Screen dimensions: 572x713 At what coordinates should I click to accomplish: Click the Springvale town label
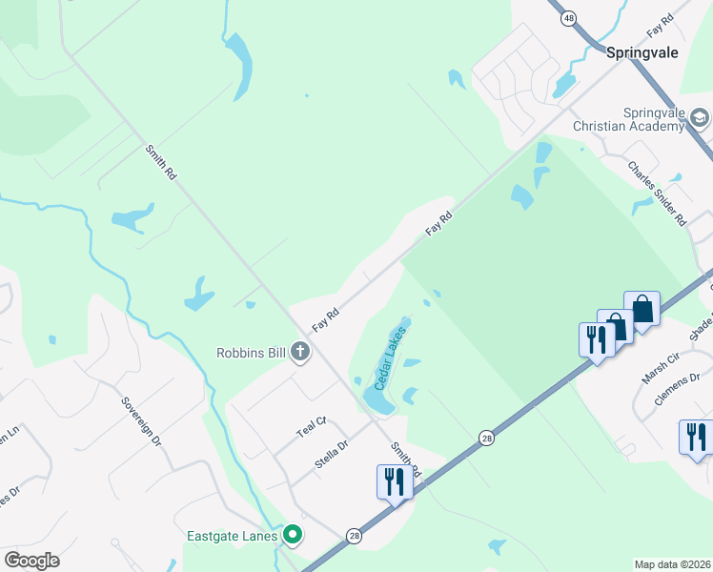point(642,52)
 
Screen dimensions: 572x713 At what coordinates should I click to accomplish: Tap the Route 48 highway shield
point(569,18)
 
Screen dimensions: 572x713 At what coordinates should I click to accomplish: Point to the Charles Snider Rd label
point(657,192)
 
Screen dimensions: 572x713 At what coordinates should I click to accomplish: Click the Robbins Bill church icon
point(300,353)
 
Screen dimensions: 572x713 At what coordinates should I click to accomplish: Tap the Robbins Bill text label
point(251,353)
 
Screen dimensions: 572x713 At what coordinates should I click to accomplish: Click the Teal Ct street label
point(312,426)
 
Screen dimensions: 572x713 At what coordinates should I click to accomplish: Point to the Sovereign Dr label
point(142,422)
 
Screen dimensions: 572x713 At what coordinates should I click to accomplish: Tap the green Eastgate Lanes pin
point(293,536)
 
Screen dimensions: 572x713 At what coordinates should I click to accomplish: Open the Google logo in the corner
point(31,561)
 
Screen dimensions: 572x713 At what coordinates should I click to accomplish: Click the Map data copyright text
point(672,564)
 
